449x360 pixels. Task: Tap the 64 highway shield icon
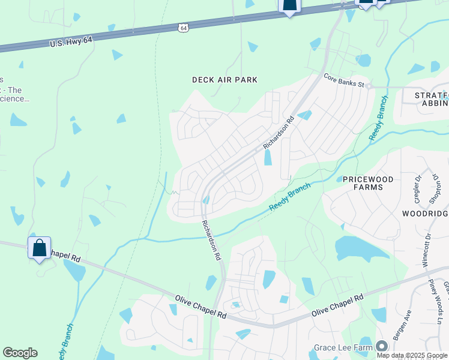click(183, 28)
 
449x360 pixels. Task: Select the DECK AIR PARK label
click(224, 80)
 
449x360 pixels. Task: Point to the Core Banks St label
click(344, 81)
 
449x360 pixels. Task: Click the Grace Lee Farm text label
click(343, 347)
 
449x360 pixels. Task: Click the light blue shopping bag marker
click(39, 248)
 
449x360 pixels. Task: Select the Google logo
click(20, 353)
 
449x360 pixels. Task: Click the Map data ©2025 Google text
click(412, 355)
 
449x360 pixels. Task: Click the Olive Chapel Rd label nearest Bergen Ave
click(337, 306)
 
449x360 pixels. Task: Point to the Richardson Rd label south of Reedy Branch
click(210, 239)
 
